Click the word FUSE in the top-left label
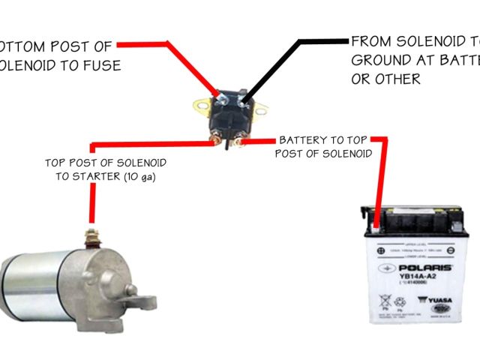point(103,66)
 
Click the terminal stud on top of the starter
point(93,238)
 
